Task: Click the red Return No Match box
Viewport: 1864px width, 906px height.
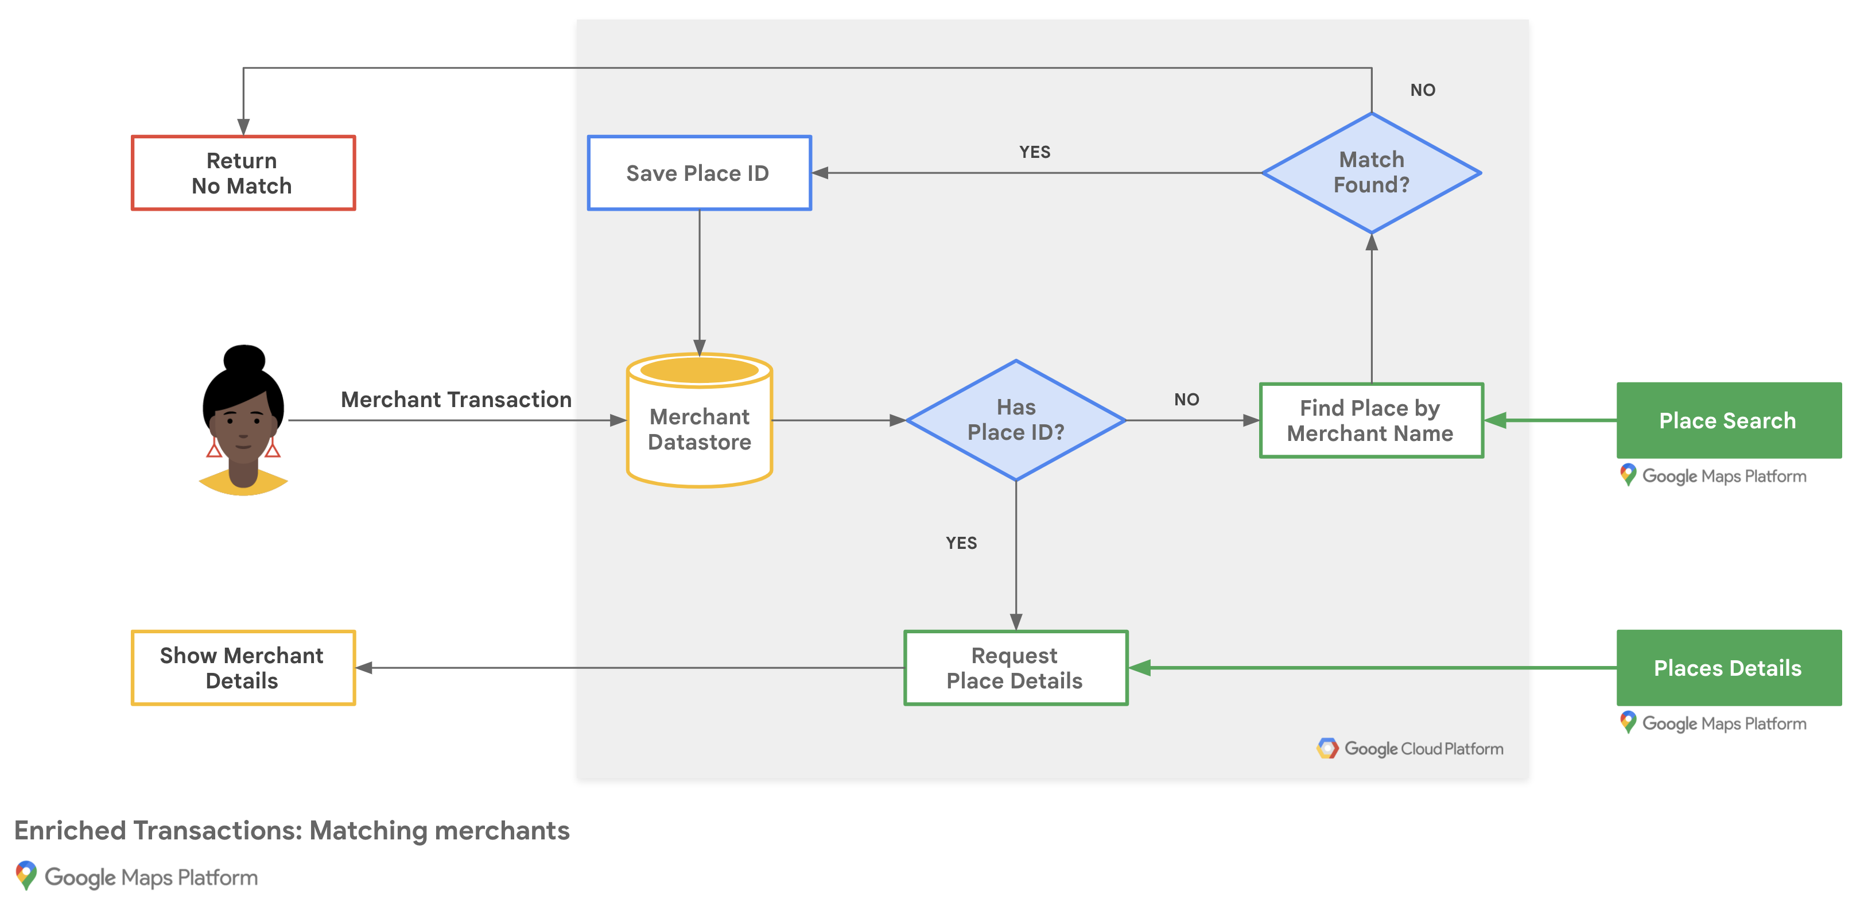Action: (243, 173)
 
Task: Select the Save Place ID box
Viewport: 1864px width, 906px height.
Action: (699, 173)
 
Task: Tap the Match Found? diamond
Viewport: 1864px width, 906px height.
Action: (1371, 173)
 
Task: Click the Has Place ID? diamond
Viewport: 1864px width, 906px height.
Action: (1015, 420)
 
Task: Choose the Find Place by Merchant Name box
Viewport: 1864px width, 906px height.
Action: (1370, 420)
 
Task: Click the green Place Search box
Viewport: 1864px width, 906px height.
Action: (1728, 420)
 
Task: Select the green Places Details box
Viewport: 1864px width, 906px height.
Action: (1728, 667)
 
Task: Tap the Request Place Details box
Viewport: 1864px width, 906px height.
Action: (1015, 667)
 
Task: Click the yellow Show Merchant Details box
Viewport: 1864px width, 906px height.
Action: (243, 667)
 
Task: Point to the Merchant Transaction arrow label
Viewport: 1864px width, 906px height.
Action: (456, 400)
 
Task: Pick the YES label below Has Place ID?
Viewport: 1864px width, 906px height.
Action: (961, 543)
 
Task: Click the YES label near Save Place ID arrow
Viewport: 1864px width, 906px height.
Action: (1035, 152)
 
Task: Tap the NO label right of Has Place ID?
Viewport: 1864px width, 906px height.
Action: (1187, 400)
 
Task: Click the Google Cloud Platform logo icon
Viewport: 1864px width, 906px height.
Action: (1327, 748)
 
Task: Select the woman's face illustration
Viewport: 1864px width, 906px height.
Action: (243, 427)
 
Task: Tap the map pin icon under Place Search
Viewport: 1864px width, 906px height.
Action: (1628, 475)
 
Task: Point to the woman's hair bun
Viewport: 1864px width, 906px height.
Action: (244, 358)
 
